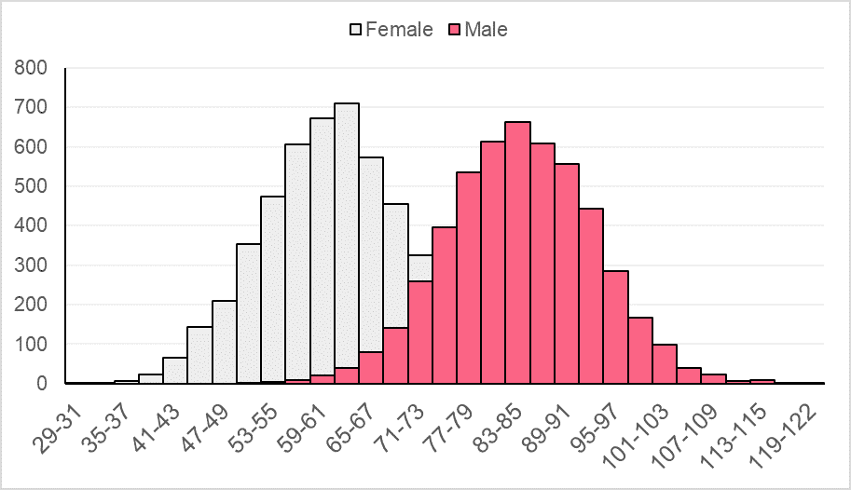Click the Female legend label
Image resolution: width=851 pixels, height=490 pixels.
399,29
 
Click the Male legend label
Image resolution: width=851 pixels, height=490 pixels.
486,29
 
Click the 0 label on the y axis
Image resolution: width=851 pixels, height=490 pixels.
42,383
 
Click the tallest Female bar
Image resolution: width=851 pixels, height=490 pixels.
347,233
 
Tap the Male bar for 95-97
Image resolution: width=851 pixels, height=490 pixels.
615,326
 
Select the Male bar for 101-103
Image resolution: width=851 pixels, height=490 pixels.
664,363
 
